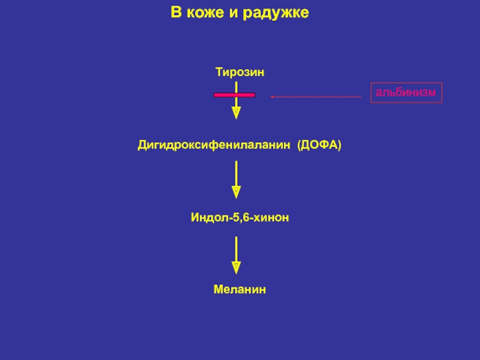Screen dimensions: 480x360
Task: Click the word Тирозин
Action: coord(240,72)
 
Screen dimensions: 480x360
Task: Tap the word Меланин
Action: coord(240,290)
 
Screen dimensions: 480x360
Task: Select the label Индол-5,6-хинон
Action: coord(240,218)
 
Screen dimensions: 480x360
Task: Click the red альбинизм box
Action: coord(406,92)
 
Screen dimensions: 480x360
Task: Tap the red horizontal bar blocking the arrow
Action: coord(235,95)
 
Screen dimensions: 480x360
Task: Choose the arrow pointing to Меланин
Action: coord(236,254)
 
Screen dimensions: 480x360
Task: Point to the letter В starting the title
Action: coord(176,13)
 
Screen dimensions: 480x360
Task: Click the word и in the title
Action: coord(233,13)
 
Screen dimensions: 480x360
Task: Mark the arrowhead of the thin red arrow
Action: coord(272,97)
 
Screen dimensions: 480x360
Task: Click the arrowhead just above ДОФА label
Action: coord(236,113)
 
